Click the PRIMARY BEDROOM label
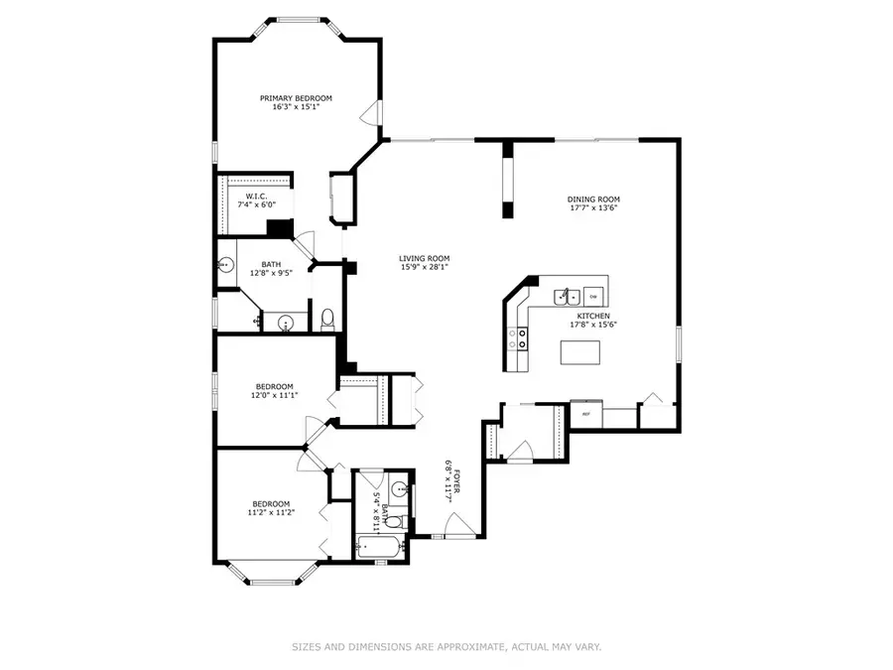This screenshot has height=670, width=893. (296, 98)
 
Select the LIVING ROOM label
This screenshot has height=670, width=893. (425, 258)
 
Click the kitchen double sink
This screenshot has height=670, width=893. (567, 295)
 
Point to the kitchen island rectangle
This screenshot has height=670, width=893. (582, 352)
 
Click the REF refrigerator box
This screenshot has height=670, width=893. (586, 414)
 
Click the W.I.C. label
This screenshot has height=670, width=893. (255, 197)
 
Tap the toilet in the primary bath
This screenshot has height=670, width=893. (326, 319)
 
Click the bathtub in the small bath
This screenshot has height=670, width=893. (379, 547)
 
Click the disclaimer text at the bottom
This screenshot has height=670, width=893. (446, 647)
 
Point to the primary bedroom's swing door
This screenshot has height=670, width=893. (371, 111)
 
